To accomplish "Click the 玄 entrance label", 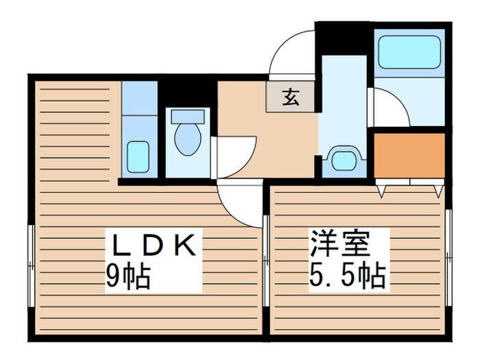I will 291,97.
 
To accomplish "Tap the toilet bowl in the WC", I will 188,139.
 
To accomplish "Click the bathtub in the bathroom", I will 409,51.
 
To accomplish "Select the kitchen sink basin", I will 139,157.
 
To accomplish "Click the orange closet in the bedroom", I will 409,156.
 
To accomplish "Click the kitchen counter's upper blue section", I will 139,98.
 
